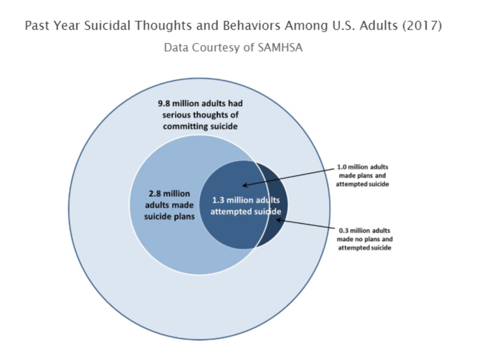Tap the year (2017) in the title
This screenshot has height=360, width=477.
[422, 26]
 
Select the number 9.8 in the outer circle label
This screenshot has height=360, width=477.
[164, 104]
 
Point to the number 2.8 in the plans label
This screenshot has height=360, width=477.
[155, 194]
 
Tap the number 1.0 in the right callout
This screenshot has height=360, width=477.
[342, 167]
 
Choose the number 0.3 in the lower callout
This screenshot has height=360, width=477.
[343, 231]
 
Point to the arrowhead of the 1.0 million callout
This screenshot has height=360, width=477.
[244, 185]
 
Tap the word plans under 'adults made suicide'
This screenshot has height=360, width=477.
[184, 217]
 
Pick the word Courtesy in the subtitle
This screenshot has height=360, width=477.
[217, 48]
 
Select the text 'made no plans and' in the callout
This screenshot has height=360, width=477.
[365, 239]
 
